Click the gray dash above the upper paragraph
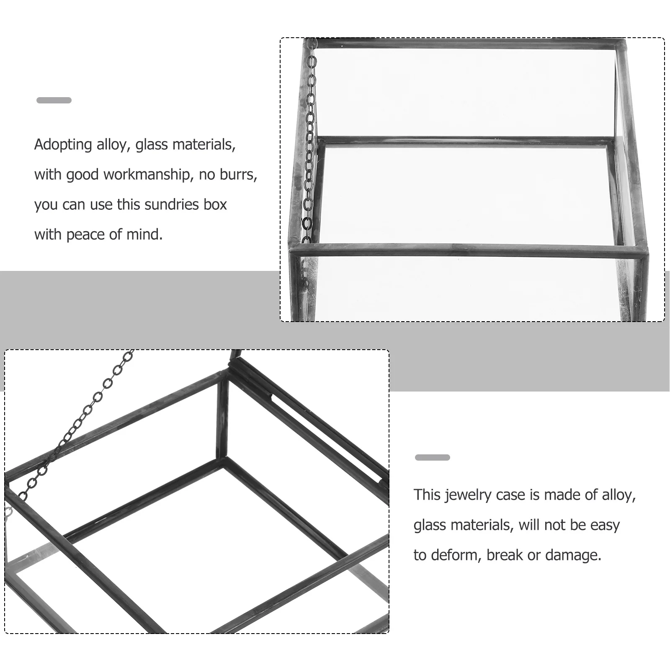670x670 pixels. (x=54, y=100)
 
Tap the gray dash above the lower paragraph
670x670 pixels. (x=432, y=457)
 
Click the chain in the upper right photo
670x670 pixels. (x=310, y=147)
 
